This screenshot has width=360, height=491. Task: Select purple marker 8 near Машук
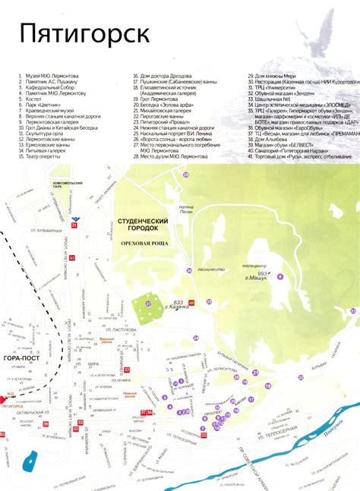[279, 276]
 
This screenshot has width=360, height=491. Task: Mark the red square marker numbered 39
[191, 303]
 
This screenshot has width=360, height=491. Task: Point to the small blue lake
[32, 461]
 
